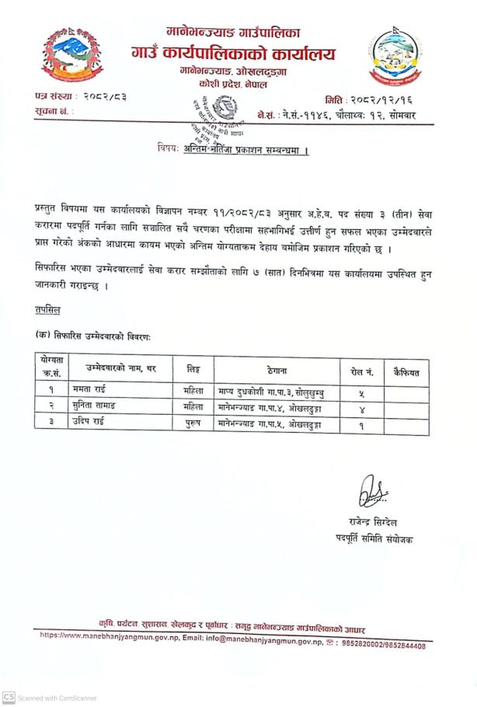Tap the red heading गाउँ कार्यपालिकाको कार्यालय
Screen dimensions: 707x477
pos(233,54)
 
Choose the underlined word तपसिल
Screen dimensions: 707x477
pos(48,309)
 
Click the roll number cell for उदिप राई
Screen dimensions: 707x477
pos(361,424)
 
